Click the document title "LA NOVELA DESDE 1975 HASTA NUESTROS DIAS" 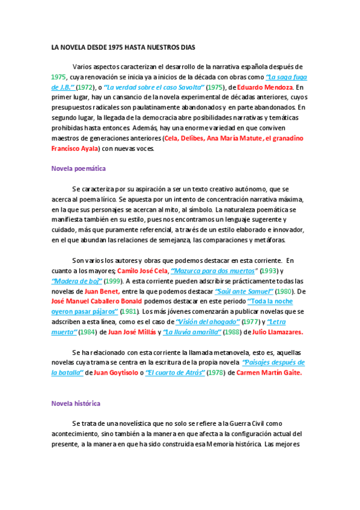pos(123,47)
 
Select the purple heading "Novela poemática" pos(79,169)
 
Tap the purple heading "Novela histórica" pos(76,403)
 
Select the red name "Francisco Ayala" pos(75,149)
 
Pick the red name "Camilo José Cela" pos(142,271)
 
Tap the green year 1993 pos(269,271)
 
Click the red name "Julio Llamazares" pos(278,332)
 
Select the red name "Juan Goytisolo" pos(116,373)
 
